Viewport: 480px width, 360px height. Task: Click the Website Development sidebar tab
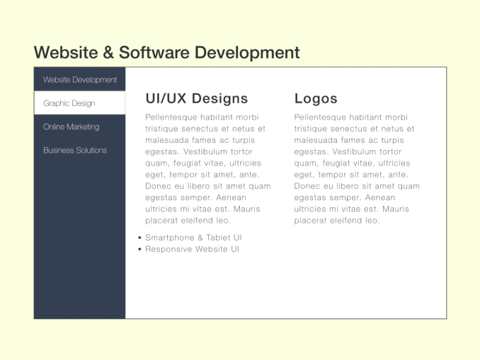pyautogui.click(x=79, y=80)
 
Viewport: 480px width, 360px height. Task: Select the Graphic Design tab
pyautogui.click(x=79, y=103)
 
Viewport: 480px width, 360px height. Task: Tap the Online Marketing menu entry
pyautogui.click(x=79, y=127)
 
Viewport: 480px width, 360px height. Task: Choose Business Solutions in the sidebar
pyautogui.click(x=79, y=150)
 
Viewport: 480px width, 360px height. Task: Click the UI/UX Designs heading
pyautogui.click(x=196, y=98)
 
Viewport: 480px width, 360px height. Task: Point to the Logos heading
pyautogui.click(x=316, y=98)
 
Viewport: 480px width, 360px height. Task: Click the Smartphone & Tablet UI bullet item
pyautogui.click(x=193, y=238)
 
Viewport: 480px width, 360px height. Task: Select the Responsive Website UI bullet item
pyautogui.click(x=192, y=249)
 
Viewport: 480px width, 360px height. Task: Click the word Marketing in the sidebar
pyautogui.click(x=84, y=127)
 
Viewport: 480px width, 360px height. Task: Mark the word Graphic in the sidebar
pyautogui.click(x=56, y=103)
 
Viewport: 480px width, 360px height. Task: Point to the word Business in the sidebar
pyautogui.click(x=57, y=150)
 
